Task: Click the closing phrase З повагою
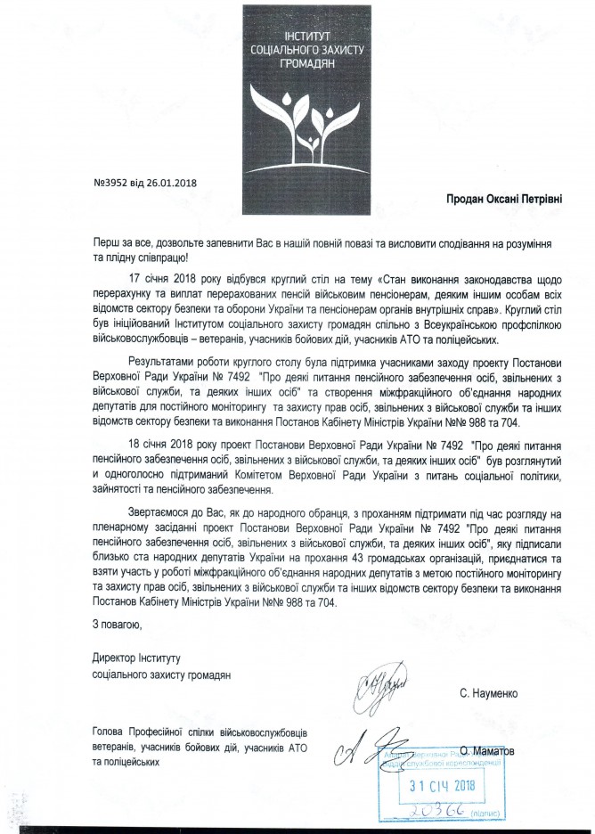(116, 625)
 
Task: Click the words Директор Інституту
(135, 658)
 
